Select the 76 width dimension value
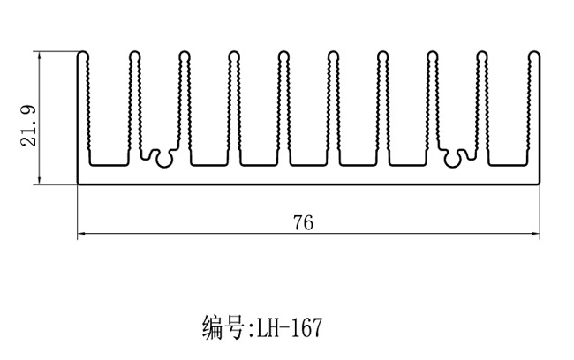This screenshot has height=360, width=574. click(303, 222)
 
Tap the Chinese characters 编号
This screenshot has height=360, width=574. click(225, 329)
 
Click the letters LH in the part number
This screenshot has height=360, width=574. click(268, 329)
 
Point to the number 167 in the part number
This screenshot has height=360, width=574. click(308, 329)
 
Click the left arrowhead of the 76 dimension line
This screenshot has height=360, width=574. click(81, 235)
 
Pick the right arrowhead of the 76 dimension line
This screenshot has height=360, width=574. click(537, 235)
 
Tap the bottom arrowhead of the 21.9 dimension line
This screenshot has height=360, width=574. click(40, 182)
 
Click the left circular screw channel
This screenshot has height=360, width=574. click(160, 156)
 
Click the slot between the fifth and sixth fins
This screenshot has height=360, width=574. click(309, 115)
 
